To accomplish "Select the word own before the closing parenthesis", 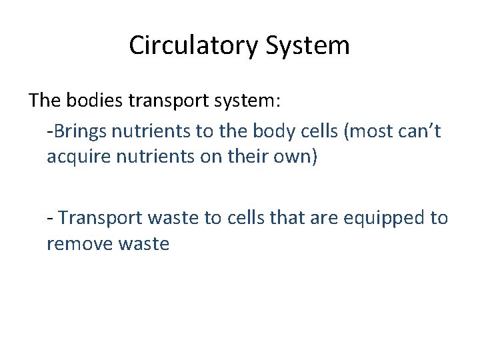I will point(285,157).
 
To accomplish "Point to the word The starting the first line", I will point(45,101).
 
